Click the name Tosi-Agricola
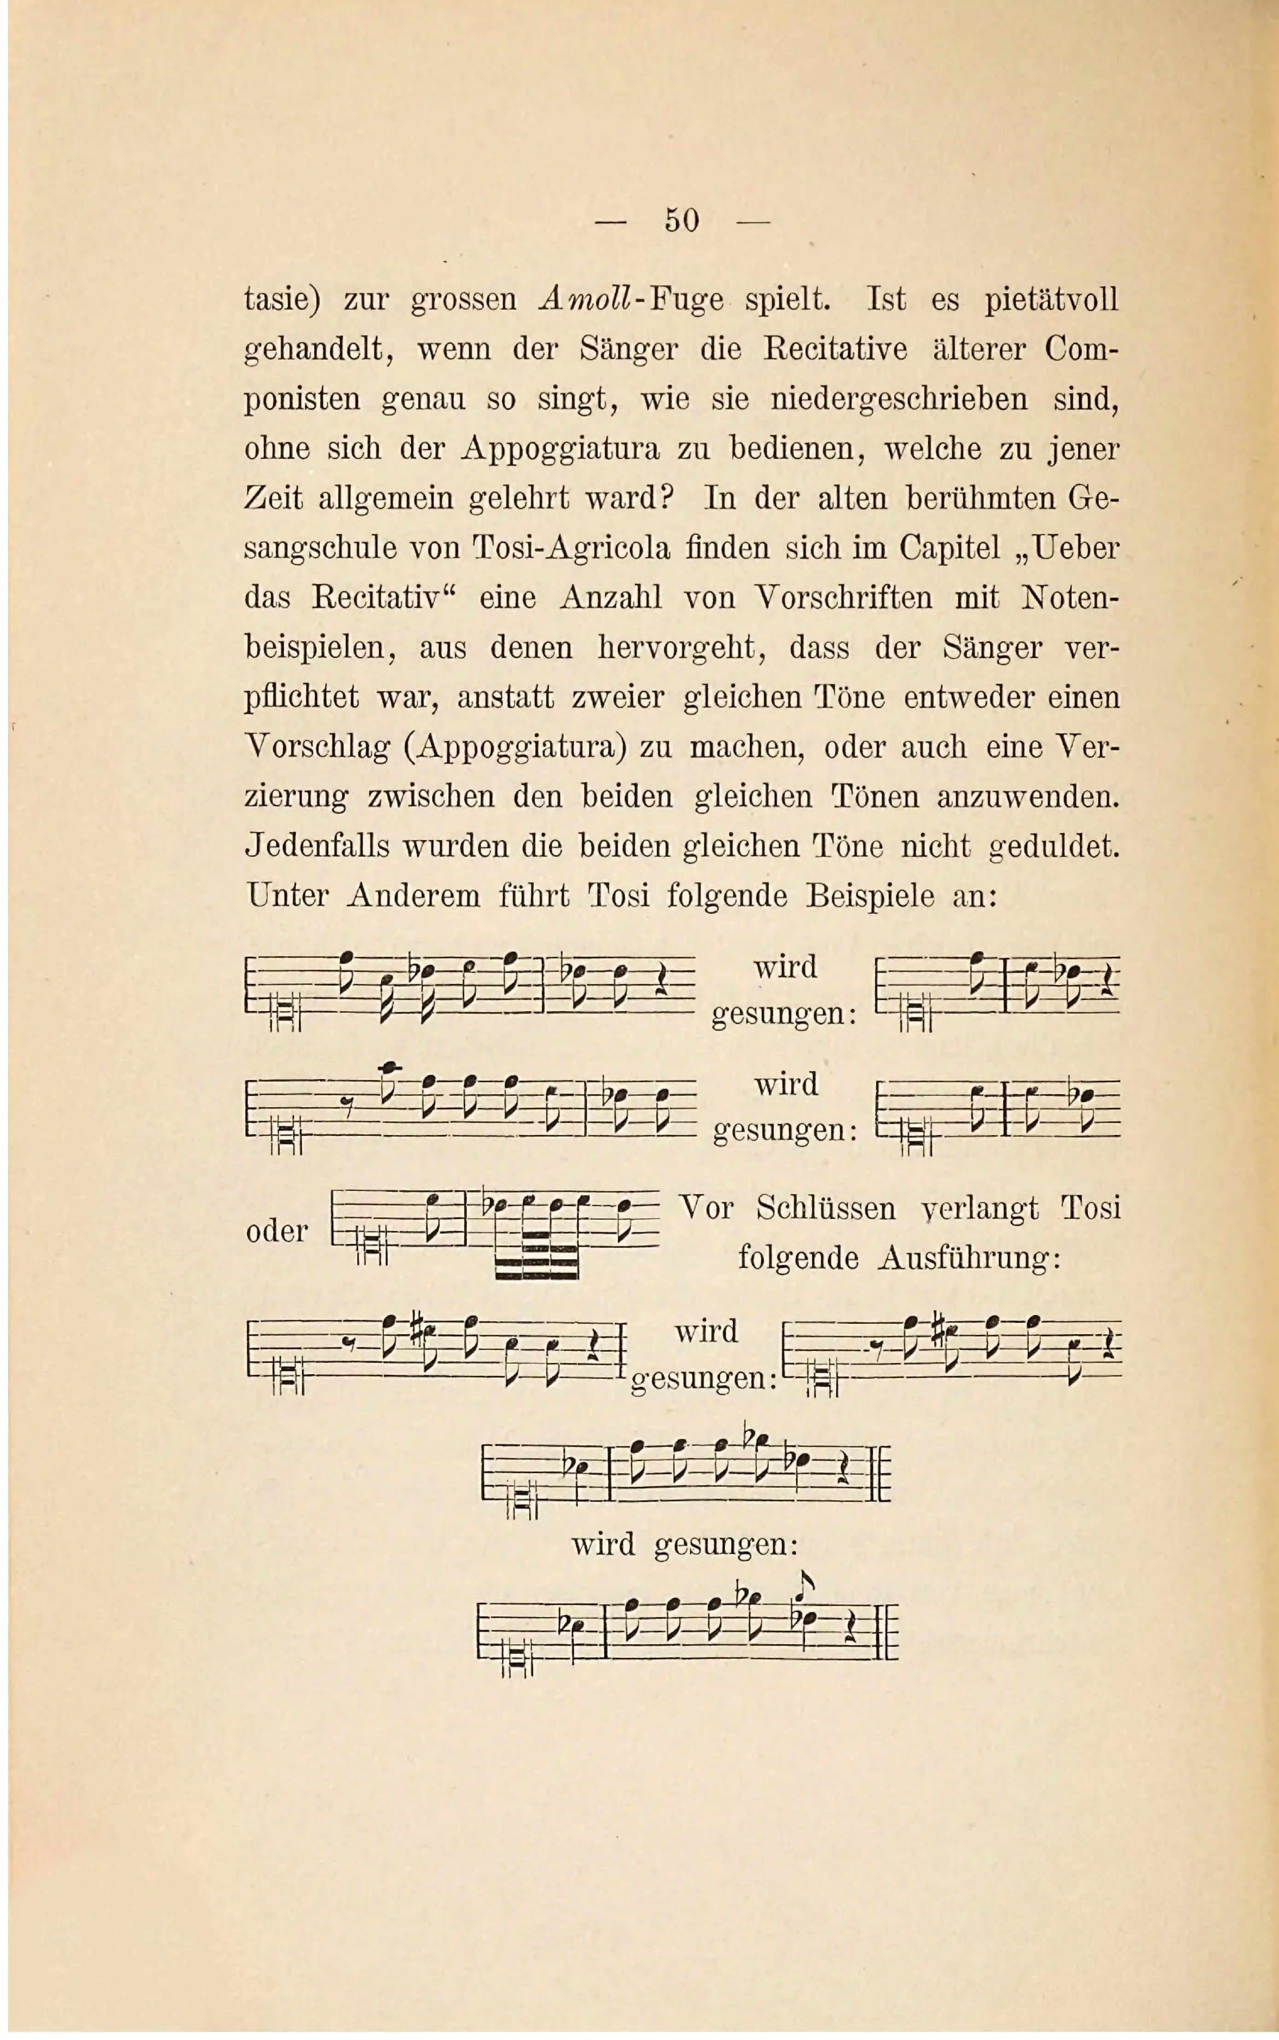pos(571,549)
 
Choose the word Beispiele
pos(870,896)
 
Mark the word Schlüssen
pos(826,1208)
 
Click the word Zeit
pos(273,499)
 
